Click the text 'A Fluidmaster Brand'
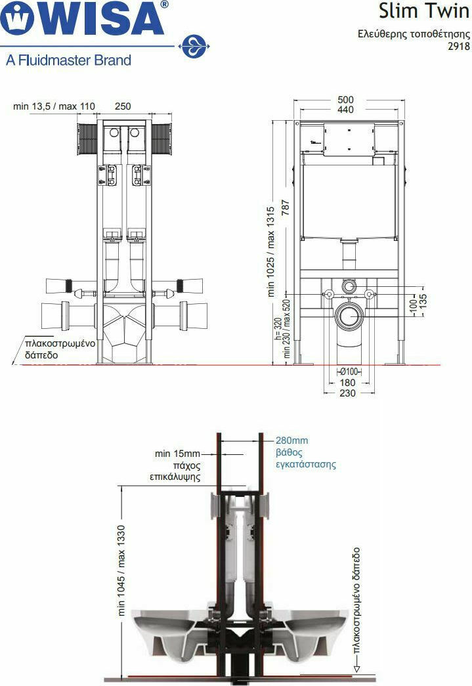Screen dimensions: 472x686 point(69,60)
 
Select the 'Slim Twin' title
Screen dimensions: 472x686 point(424,11)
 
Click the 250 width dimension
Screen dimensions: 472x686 point(123,106)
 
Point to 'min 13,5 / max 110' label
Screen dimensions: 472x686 point(54,106)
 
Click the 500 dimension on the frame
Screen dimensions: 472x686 point(345,100)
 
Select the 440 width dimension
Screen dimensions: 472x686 point(345,110)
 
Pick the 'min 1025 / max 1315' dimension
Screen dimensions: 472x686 point(270,252)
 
